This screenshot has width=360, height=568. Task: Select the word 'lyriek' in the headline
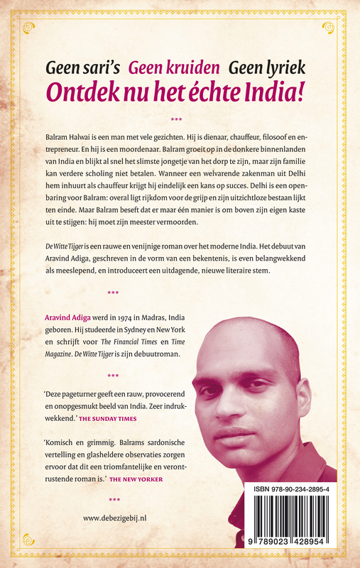tap(285, 68)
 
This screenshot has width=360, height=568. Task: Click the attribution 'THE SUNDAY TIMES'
tap(107, 419)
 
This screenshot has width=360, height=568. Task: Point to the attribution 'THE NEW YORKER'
tap(136, 479)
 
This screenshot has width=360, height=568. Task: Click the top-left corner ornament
tap(28, 27)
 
